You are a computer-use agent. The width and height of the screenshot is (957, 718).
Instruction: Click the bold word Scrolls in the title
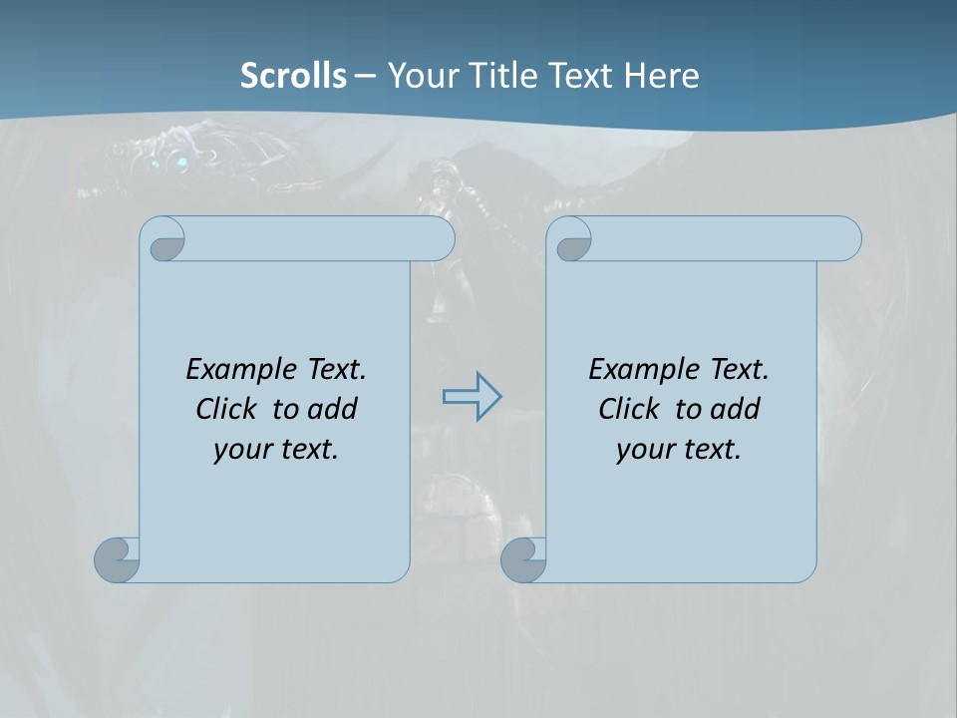tap(293, 75)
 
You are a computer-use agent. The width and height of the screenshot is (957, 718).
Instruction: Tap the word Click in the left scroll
tap(224, 409)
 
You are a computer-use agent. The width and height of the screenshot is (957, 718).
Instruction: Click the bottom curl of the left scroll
tap(117, 558)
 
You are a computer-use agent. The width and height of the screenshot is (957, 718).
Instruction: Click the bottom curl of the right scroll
tap(522, 559)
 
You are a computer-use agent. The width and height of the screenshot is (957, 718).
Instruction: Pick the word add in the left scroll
tap(332, 409)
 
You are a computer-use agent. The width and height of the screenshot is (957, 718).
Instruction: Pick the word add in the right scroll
tap(735, 409)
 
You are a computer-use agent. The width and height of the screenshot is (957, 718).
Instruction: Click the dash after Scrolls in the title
tap(365, 76)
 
